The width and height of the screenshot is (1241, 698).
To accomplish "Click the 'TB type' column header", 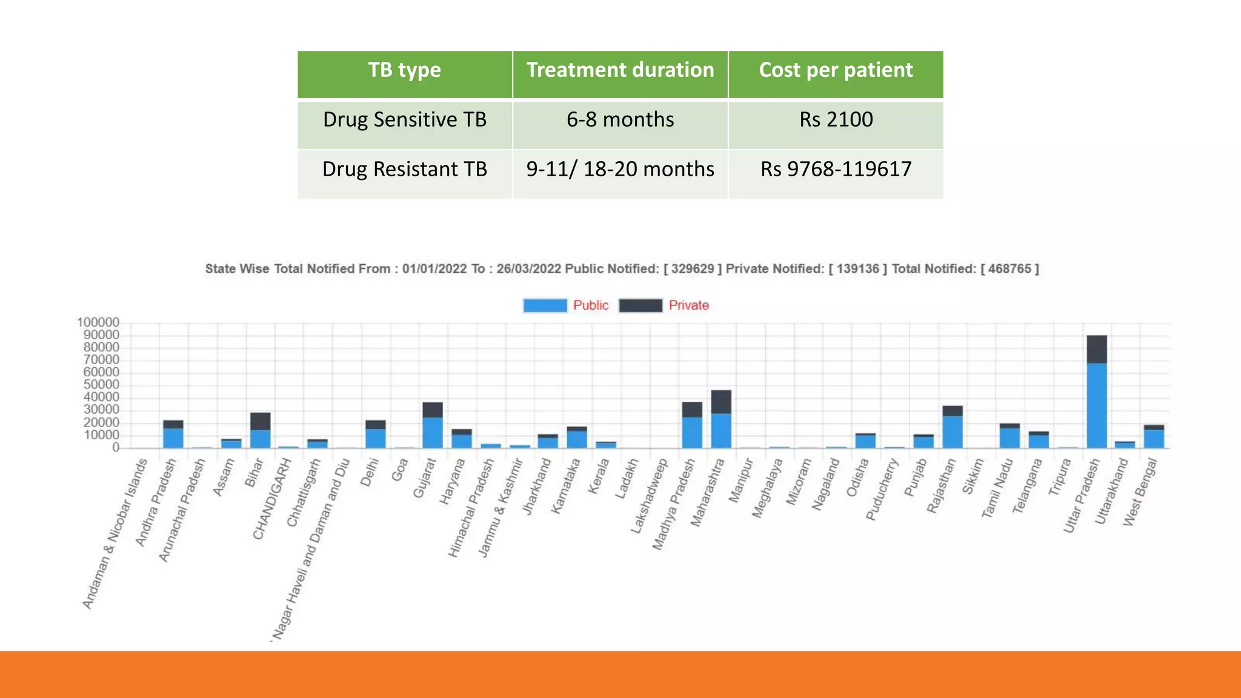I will (405, 70).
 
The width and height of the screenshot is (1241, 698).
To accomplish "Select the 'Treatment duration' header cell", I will (620, 70).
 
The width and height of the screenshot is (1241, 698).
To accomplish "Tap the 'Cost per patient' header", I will (836, 70).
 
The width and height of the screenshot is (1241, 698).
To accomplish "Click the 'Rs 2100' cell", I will (836, 119).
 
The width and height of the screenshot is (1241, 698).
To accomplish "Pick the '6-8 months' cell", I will (620, 119).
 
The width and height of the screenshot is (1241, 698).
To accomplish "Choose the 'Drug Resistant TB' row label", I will (405, 169).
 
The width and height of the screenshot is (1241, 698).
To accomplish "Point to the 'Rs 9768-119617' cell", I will (836, 169).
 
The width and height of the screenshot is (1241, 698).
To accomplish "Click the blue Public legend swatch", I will (545, 305).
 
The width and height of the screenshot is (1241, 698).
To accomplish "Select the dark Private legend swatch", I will (640, 305).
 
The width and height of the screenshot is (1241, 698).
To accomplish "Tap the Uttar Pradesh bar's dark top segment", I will (1097, 349).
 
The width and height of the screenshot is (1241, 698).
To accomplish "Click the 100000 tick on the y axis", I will (98, 322).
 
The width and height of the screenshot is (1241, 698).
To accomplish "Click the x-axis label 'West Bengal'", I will (1140, 492).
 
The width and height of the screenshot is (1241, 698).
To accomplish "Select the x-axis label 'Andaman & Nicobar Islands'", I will (115, 533).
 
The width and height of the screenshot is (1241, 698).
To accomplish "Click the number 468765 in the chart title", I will (1010, 269).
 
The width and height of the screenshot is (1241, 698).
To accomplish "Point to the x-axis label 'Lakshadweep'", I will (649, 496).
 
